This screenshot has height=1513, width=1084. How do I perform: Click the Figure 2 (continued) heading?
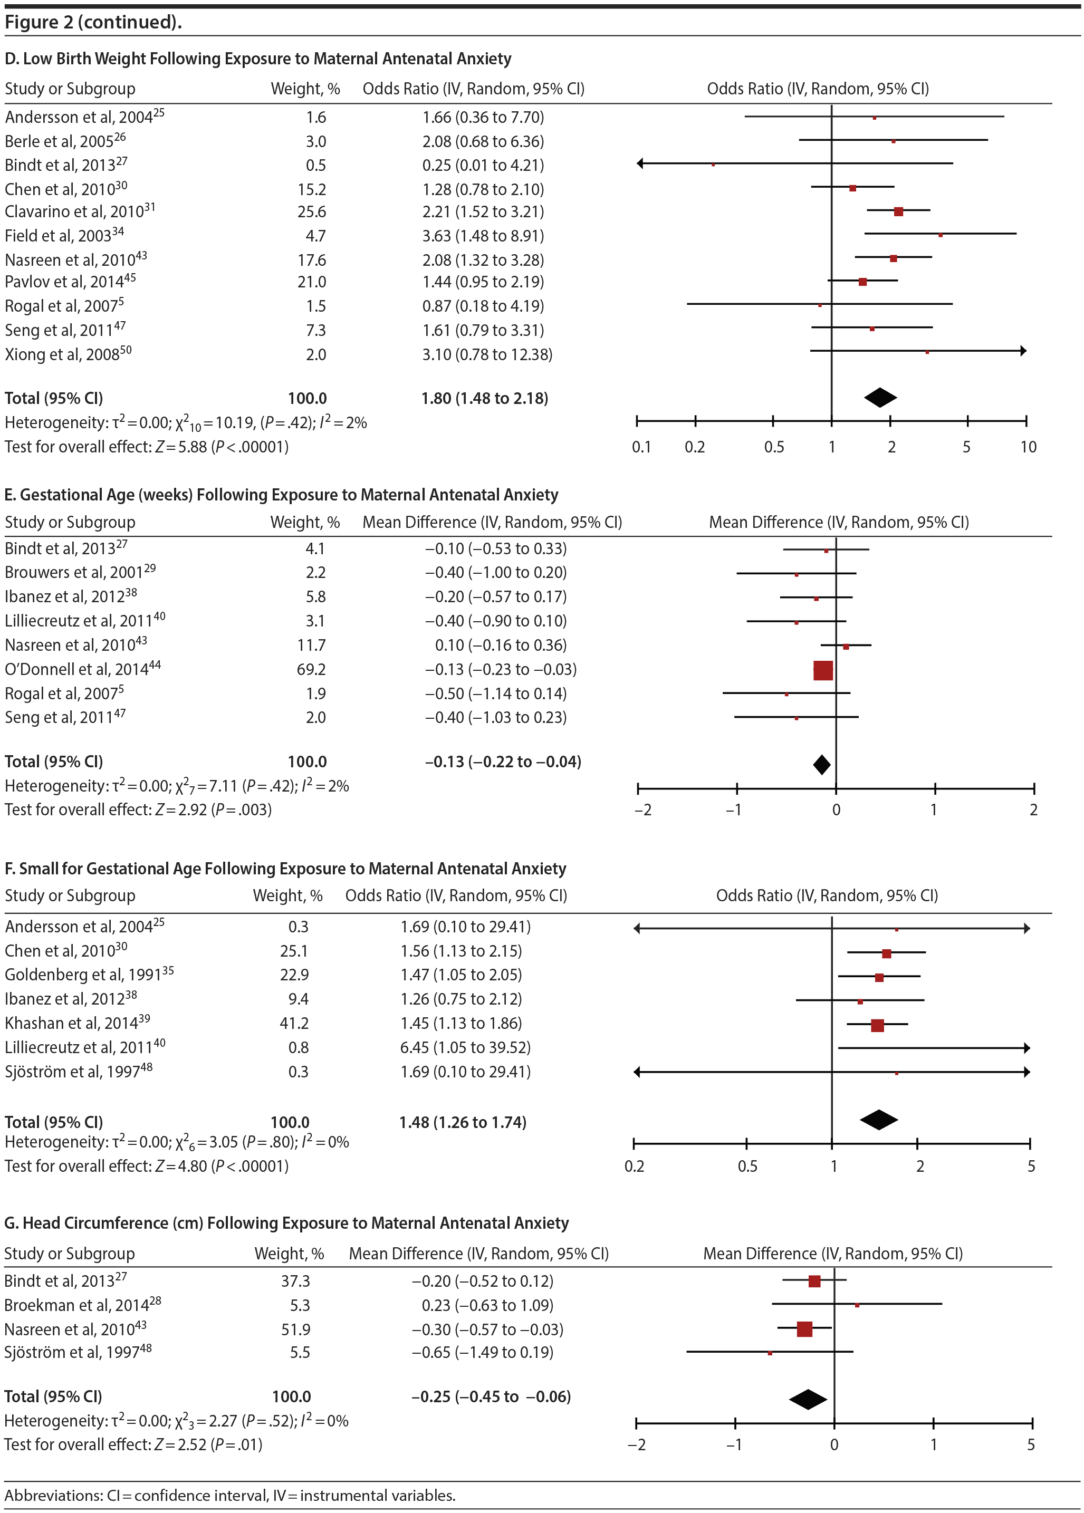(x=93, y=22)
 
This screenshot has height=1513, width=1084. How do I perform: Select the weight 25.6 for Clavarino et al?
(x=312, y=212)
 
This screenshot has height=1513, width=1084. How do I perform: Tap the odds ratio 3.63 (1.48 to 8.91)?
(x=483, y=236)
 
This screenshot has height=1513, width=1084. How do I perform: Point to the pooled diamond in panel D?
(x=880, y=398)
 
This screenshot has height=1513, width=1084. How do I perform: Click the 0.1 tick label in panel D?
(x=641, y=447)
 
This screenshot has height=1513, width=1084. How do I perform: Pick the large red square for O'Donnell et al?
(x=823, y=670)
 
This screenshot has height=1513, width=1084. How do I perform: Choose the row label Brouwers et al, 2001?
(x=80, y=572)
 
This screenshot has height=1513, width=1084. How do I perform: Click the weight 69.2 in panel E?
(x=312, y=669)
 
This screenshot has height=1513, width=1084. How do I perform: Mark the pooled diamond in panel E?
(x=822, y=765)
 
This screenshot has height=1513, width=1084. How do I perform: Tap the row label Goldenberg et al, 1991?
(x=89, y=975)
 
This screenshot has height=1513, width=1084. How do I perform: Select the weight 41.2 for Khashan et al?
(x=294, y=1023)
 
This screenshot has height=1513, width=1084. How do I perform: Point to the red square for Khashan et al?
(x=877, y=1025)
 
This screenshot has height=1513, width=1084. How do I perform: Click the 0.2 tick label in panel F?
(x=635, y=1166)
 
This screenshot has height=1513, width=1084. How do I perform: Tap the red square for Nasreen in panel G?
(x=804, y=1329)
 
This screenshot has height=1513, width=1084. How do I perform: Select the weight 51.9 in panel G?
(x=295, y=1329)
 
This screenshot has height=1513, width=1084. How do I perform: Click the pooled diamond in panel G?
(x=808, y=1399)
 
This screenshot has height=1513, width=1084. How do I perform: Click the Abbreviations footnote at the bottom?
(x=230, y=1495)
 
